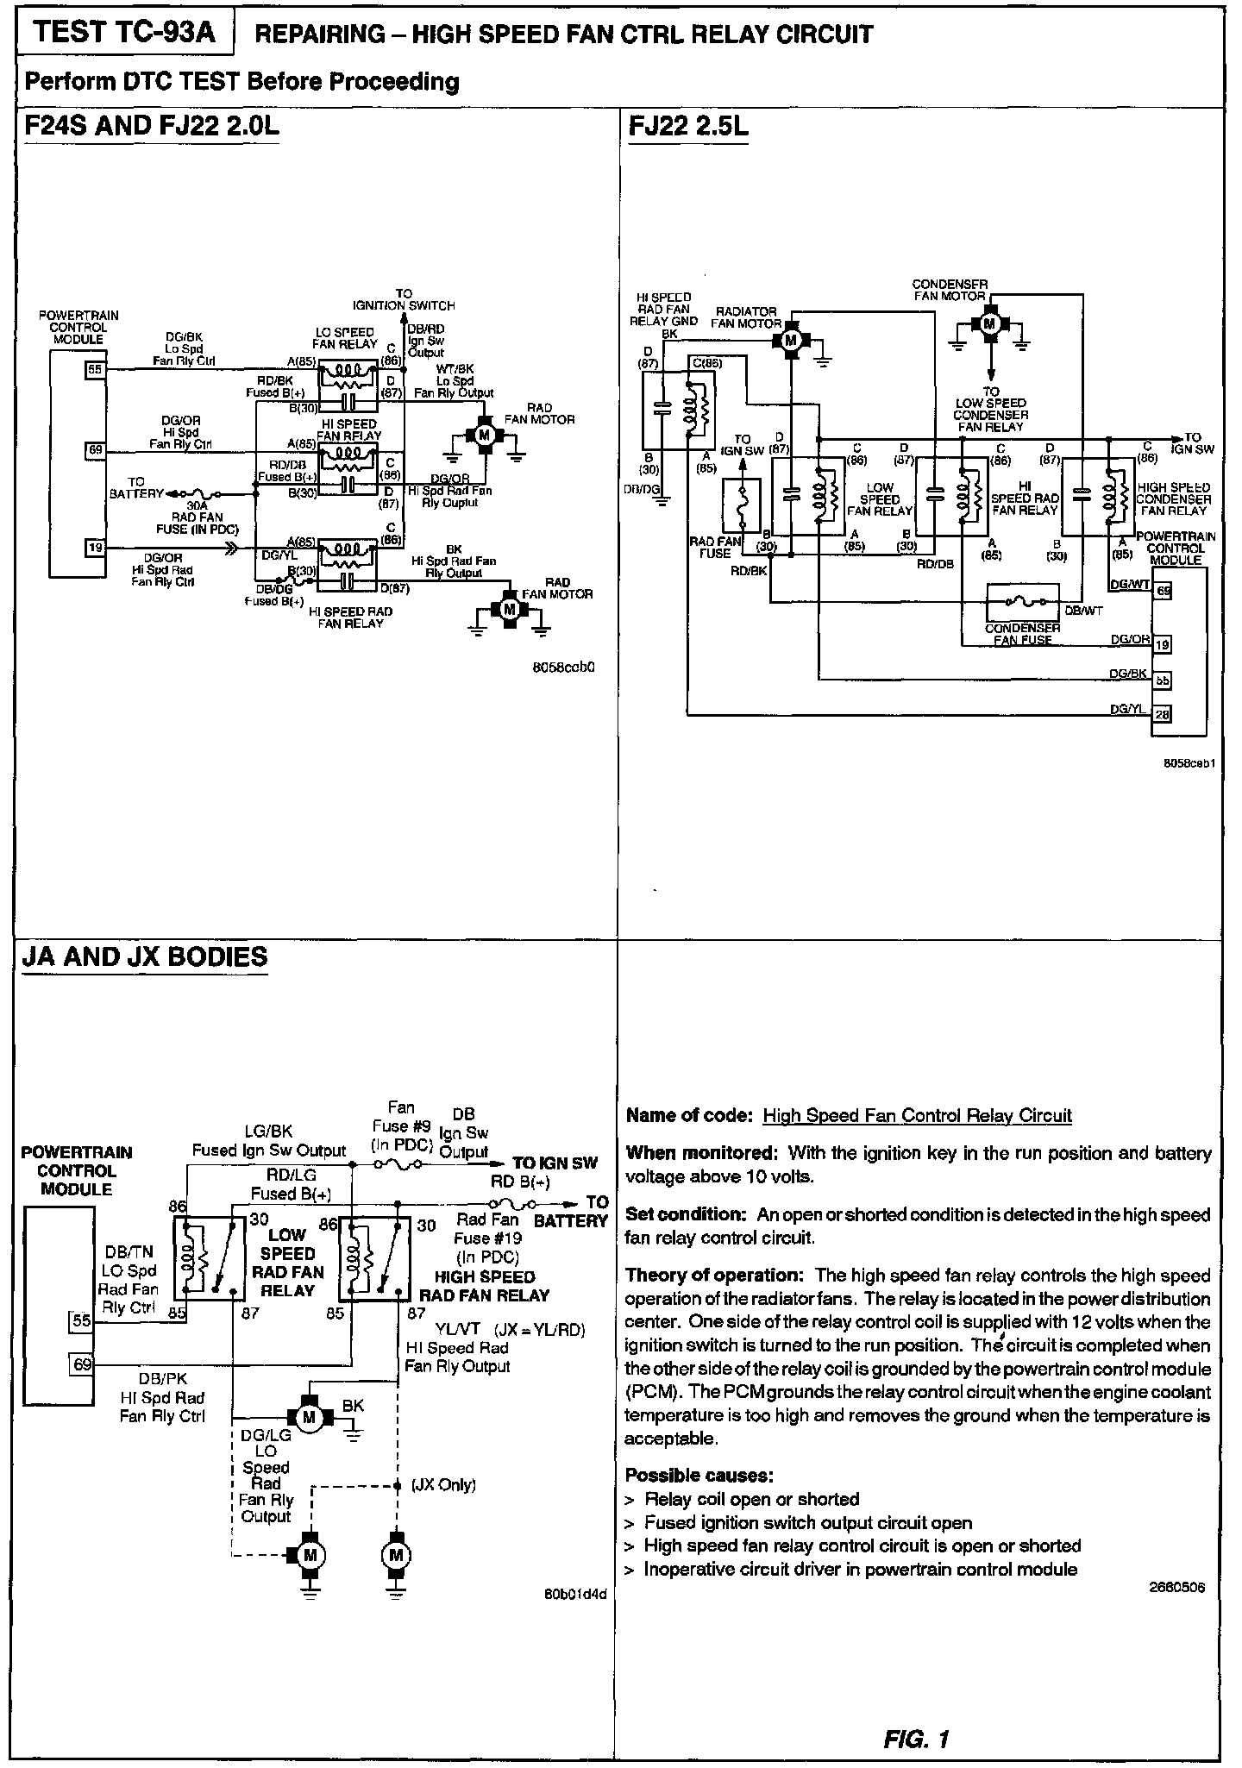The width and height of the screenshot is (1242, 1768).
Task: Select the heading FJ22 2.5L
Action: tap(688, 127)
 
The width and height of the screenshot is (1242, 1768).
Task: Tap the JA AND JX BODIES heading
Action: tap(145, 957)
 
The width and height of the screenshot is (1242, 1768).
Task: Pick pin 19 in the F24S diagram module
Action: tap(95, 547)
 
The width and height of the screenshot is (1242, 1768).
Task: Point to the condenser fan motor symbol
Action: tap(989, 323)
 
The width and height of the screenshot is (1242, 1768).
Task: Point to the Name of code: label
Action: tap(689, 1115)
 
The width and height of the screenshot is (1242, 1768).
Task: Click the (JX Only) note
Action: tap(443, 1484)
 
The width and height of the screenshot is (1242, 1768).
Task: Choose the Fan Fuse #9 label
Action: tap(401, 1125)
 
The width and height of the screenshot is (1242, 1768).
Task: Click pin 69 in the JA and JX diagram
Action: tap(82, 1364)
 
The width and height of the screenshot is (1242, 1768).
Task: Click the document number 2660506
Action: tap(1177, 1587)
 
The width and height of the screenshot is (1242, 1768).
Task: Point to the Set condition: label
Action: tap(685, 1214)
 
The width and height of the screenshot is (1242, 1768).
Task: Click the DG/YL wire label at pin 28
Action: tap(1129, 709)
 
